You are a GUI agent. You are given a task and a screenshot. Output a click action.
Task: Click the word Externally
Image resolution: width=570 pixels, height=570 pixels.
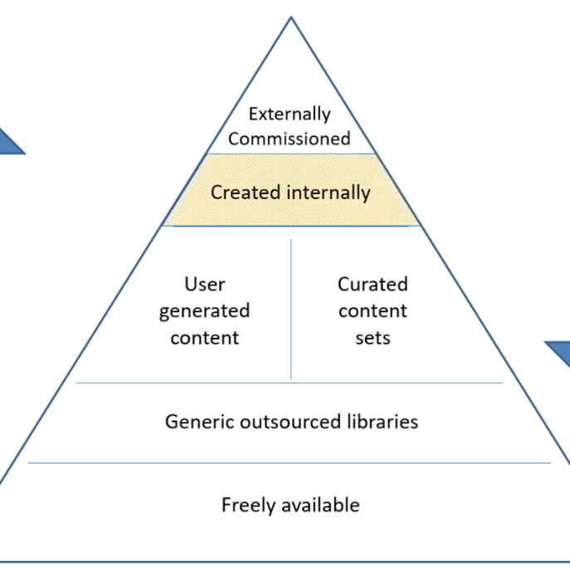pyautogui.click(x=290, y=114)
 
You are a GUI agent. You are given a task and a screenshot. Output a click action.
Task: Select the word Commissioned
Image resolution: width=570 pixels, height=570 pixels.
pyautogui.click(x=290, y=139)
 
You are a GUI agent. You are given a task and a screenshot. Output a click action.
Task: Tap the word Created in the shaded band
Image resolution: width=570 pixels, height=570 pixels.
pyautogui.click(x=246, y=192)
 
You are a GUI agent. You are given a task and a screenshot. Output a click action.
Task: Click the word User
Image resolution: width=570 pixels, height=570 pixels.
pyautogui.click(x=204, y=285)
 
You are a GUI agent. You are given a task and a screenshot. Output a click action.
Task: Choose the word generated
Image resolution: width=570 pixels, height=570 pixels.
pyautogui.click(x=204, y=312)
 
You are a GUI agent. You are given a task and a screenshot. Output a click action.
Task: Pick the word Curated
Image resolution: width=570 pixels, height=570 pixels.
pyautogui.click(x=373, y=285)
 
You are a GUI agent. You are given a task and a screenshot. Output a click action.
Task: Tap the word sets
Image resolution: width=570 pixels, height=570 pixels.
pyautogui.click(x=373, y=339)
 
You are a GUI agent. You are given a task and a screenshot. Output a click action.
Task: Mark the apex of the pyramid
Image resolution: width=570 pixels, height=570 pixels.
pyautogui.click(x=291, y=17)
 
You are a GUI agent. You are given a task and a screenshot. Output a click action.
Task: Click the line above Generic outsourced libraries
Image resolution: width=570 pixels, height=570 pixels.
pyautogui.click(x=290, y=383)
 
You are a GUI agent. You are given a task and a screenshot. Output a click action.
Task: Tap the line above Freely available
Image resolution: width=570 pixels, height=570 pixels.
pyautogui.click(x=290, y=463)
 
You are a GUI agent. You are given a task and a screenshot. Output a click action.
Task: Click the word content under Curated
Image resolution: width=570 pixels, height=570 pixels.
pyautogui.click(x=373, y=312)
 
